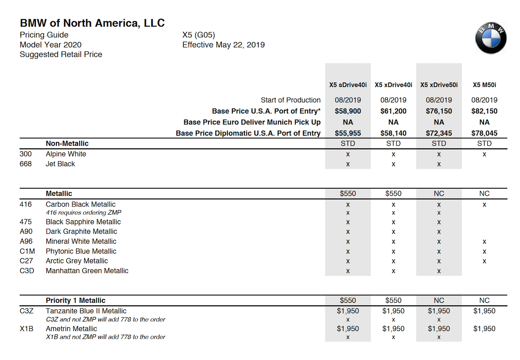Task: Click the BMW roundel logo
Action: tap(491, 38)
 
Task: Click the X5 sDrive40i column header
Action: tap(348, 85)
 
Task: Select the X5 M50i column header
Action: tap(484, 85)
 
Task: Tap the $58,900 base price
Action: tap(348, 111)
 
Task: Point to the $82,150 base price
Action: tap(484, 111)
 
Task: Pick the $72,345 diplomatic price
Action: tap(439, 133)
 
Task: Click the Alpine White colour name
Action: tap(66, 154)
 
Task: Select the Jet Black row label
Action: tap(60, 164)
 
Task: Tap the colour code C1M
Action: tap(27, 251)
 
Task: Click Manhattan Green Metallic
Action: tap(87, 271)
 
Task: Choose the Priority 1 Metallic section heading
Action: tap(75, 300)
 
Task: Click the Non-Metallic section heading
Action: tap(67, 144)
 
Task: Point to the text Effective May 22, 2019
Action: tap(223, 45)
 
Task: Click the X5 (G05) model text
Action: tap(198, 35)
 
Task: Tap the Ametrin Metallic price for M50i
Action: tap(484, 329)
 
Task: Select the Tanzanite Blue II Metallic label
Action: tap(86, 311)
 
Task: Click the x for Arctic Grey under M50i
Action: tap(484, 261)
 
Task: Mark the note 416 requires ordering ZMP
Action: tap(83, 213)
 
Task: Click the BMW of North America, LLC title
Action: tap(92, 23)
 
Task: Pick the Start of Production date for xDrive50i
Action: tap(439, 100)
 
